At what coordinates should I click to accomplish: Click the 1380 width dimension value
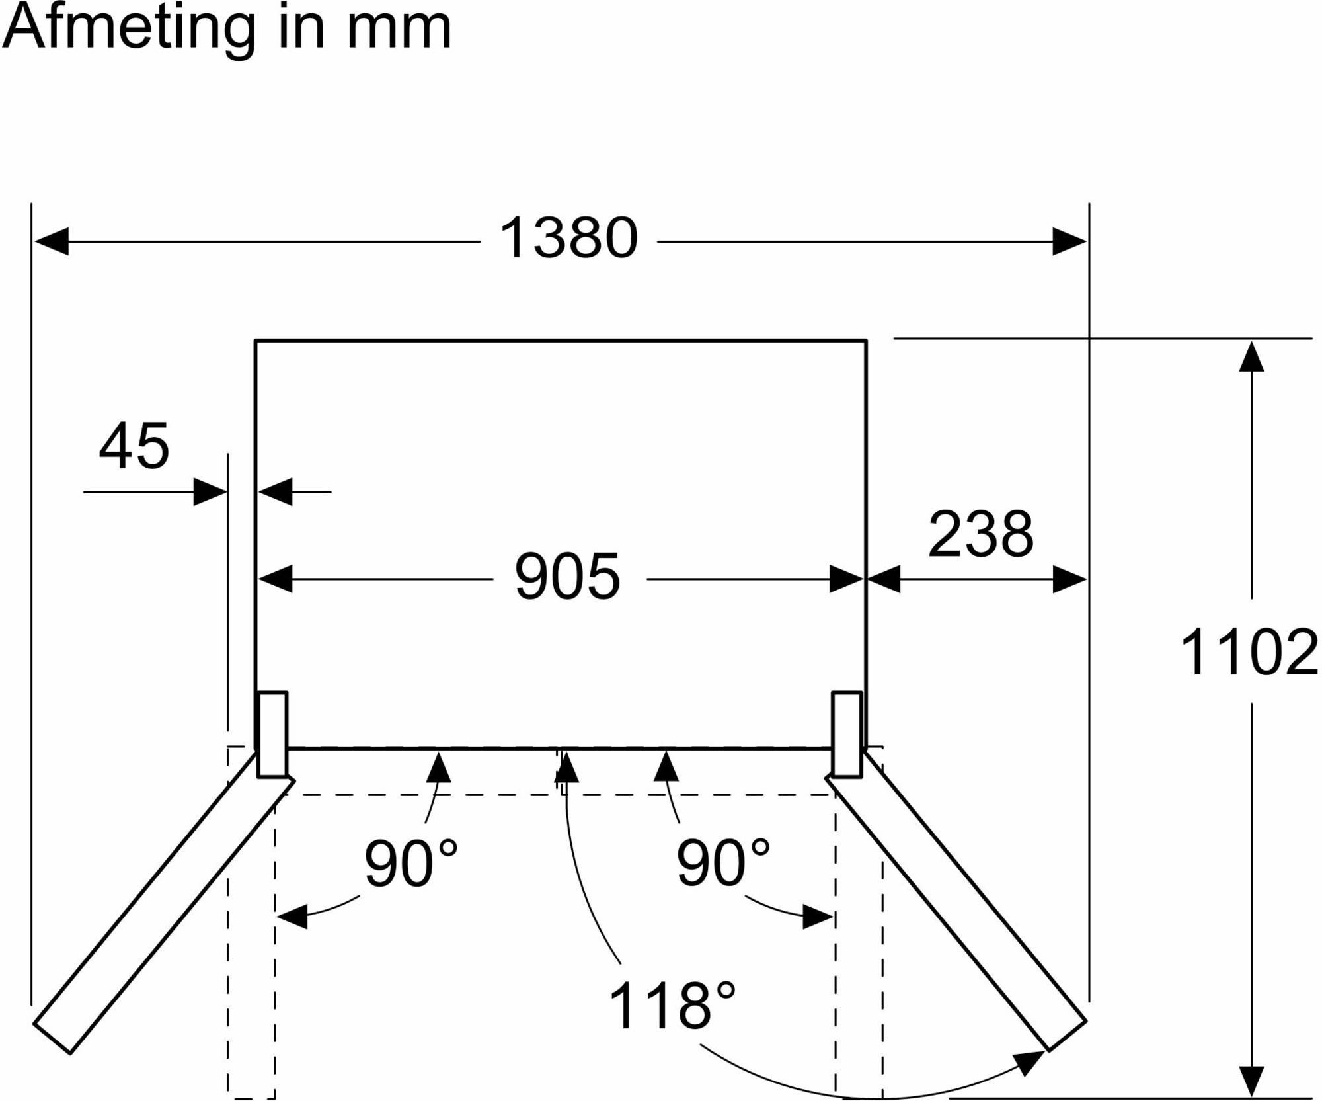[568, 238]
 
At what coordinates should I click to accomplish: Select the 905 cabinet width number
[567, 577]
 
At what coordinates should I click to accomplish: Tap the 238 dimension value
[980, 534]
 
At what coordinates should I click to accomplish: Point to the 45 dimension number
[134, 446]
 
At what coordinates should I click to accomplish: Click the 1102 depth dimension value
[1249, 653]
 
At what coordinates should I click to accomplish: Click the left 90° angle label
[410, 864]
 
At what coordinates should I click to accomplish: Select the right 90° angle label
[722, 864]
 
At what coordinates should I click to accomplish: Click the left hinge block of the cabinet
[272, 734]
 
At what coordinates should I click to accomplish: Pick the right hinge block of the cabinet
[847, 734]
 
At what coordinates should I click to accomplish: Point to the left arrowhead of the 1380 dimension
[52, 241]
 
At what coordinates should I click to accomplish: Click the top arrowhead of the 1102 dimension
[1251, 357]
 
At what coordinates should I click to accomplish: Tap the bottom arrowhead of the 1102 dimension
[1251, 1081]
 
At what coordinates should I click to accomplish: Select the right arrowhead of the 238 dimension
[1069, 580]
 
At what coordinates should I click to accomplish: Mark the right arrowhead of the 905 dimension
[846, 580]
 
